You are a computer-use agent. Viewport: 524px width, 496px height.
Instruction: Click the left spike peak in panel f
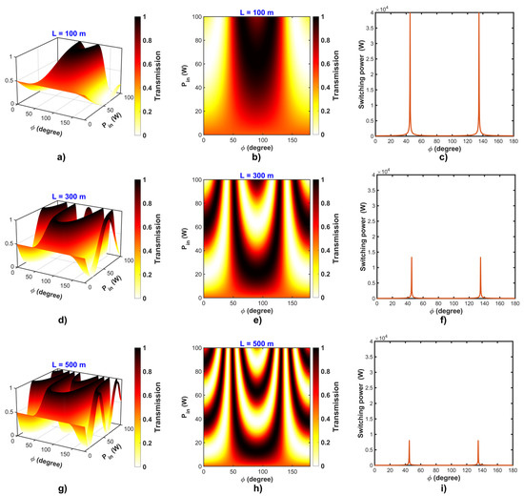412,258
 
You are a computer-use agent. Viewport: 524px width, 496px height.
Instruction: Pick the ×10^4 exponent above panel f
386,175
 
